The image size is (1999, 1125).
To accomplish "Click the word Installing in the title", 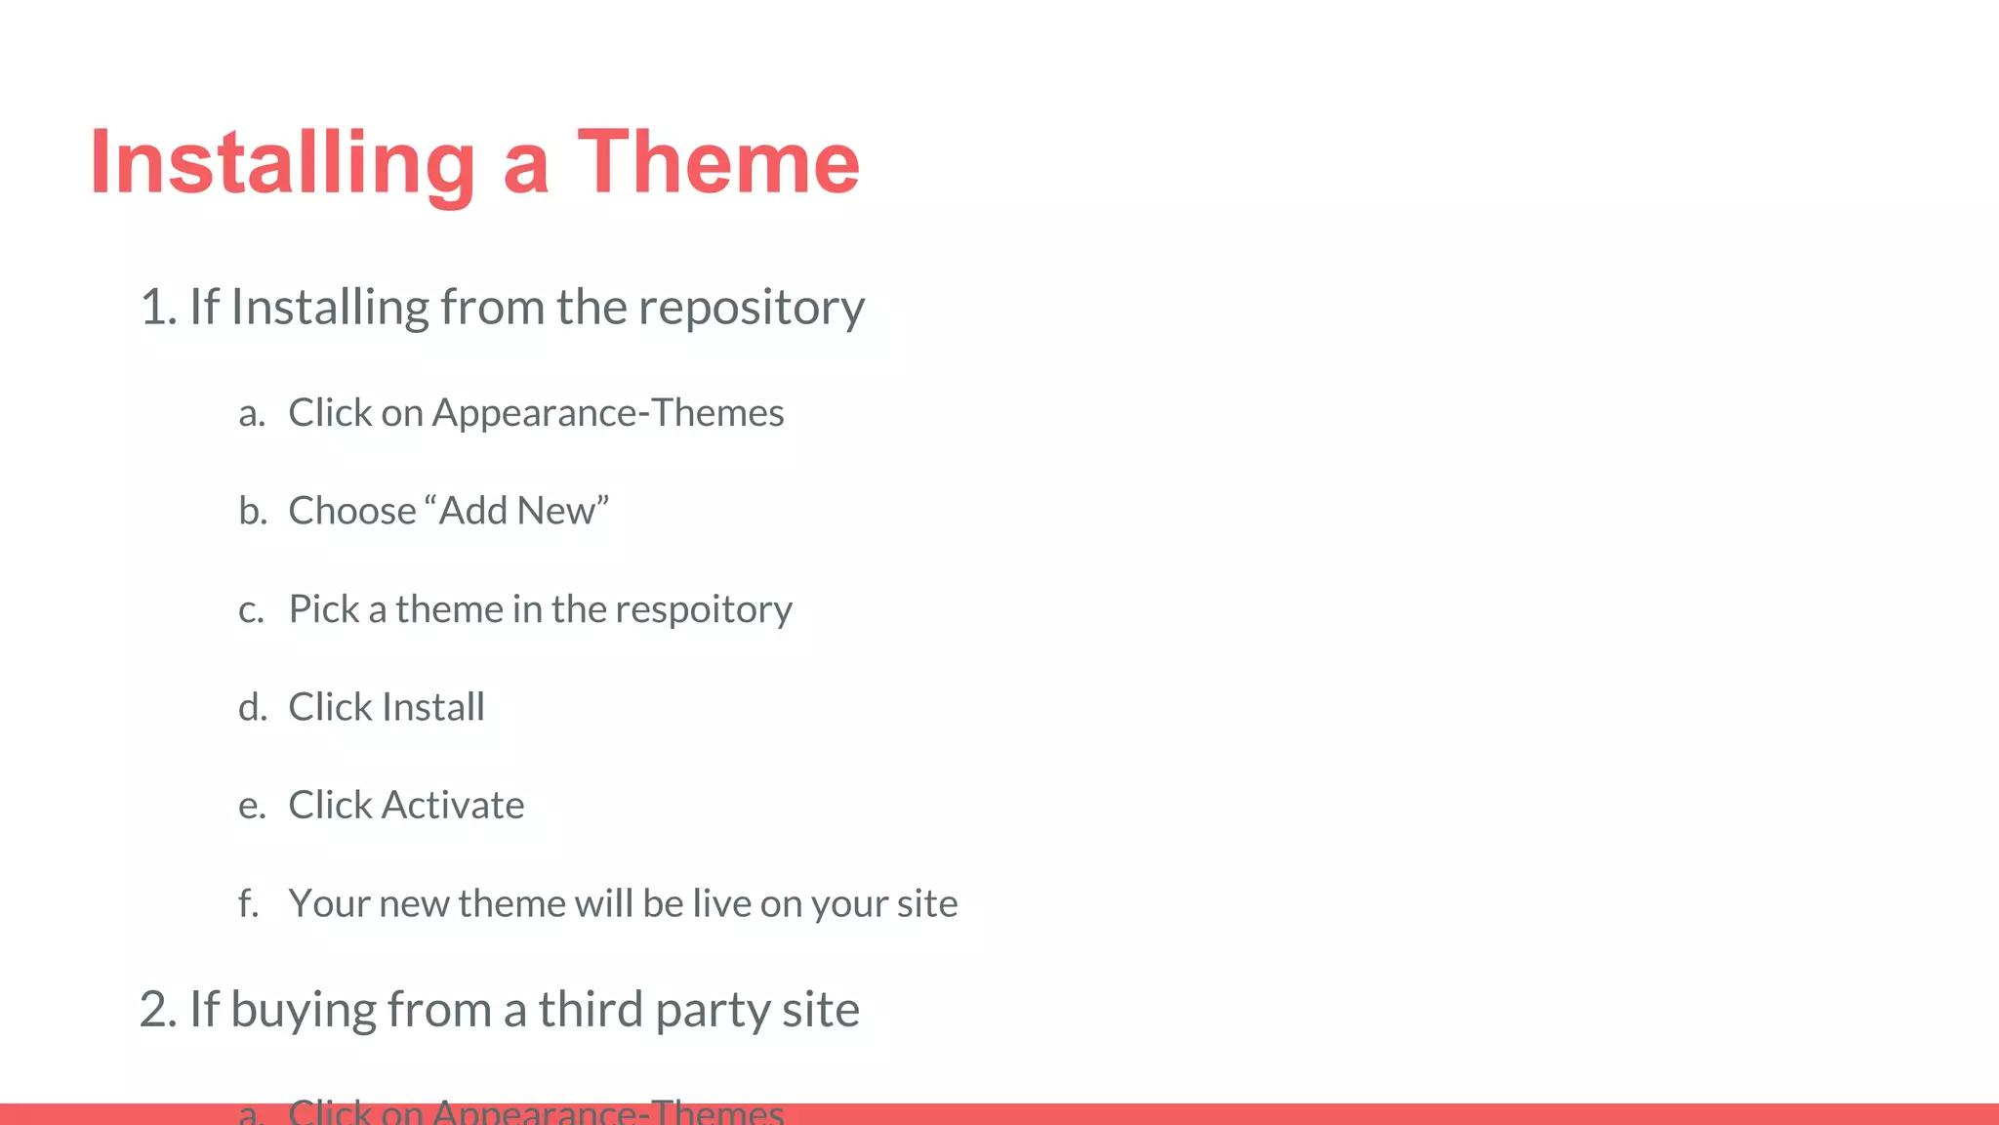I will [x=282, y=163].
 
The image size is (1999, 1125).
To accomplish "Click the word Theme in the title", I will [x=718, y=163].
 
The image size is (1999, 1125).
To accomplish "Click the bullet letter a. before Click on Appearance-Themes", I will [x=252, y=414].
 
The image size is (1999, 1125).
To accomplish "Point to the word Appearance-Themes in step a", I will [x=607, y=414].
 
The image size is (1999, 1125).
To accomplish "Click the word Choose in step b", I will [x=352, y=511].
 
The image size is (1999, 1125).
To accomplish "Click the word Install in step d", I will [x=432, y=707].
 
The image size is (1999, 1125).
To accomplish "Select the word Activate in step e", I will [x=453, y=806].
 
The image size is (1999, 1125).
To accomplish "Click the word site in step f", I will [x=926, y=903].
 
